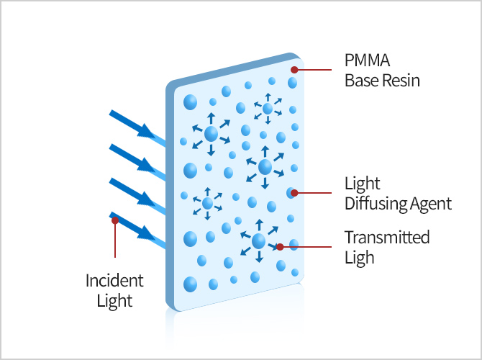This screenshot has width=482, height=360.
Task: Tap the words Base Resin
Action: coord(382,81)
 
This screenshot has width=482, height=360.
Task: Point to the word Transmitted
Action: coord(387,238)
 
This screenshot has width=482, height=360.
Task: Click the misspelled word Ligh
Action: coord(360,257)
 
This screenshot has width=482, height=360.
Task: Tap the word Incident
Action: coord(114,280)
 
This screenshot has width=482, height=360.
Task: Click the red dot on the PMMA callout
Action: coord(294,70)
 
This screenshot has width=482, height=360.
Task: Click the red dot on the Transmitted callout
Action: coord(279,246)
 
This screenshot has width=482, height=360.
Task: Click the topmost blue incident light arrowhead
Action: coord(147,131)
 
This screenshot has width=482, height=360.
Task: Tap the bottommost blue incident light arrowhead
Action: coord(147,233)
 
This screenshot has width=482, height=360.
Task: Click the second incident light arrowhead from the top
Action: coord(147,165)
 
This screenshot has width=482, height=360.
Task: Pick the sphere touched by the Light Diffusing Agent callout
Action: coord(291,193)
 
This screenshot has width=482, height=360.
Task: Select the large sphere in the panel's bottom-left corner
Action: coord(191,284)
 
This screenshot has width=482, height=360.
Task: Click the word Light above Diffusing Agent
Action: coord(363,184)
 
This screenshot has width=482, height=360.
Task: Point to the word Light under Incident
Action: coord(114,300)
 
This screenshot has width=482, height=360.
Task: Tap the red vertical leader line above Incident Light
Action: coord(114,241)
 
